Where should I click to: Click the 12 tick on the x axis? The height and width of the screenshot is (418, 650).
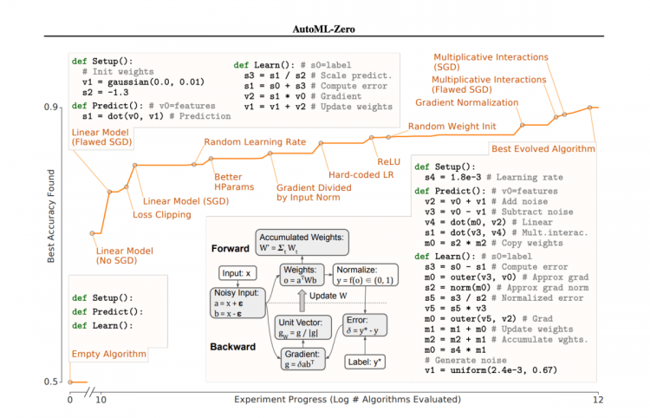pyautogui.click(x=595, y=400)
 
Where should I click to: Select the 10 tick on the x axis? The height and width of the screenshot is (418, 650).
pyautogui.click(x=101, y=400)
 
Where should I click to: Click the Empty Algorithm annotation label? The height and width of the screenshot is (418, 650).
pyautogui.click(x=109, y=354)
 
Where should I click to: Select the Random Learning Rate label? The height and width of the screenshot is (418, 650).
pyautogui.click(x=248, y=142)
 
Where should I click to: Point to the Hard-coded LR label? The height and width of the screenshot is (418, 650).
pyautogui.click(x=359, y=175)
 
